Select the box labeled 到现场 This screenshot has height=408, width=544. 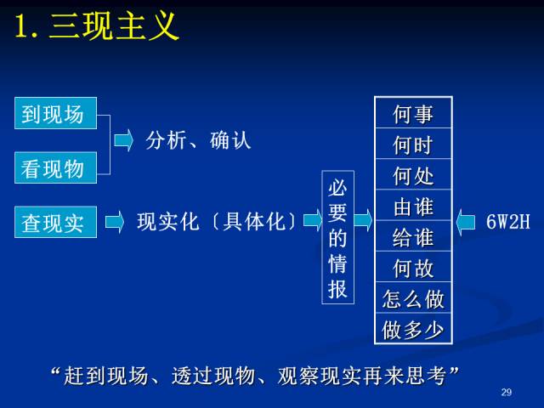point(55,113)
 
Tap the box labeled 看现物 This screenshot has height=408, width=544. point(55,168)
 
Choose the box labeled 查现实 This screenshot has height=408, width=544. point(55,222)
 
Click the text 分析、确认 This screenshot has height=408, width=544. point(198,140)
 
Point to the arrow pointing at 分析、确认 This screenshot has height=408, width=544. point(124,140)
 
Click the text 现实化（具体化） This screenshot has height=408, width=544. point(217,222)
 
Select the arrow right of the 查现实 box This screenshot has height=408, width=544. point(115,222)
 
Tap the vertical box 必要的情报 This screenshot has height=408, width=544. point(338,237)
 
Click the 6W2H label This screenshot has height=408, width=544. point(508,221)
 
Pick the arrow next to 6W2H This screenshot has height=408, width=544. point(466,223)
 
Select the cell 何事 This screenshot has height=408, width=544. point(413,113)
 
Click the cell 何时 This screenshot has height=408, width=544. point(413,144)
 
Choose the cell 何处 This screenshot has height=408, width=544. point(413,174)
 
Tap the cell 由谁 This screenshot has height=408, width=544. point(413,205)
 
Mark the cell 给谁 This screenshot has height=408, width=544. point(413,236)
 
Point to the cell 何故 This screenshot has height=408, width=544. point(413,266)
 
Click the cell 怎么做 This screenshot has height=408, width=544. point(413,297)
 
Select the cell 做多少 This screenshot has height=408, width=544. point(413,328)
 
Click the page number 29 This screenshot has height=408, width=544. point(507,393)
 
